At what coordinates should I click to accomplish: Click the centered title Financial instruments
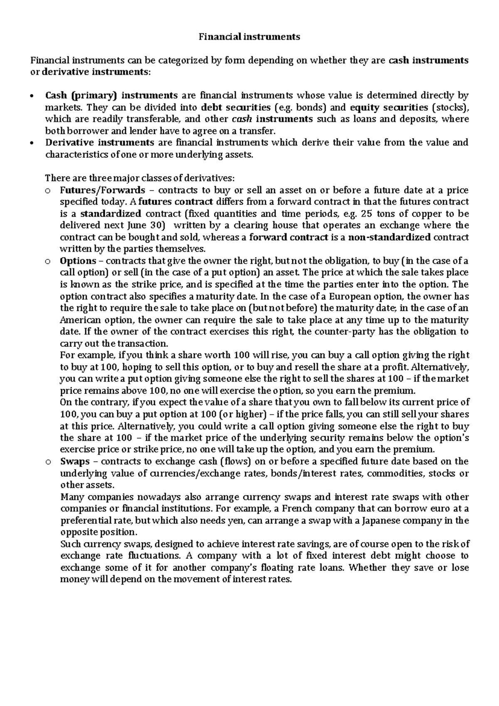[249, 37]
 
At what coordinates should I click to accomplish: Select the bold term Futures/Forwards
[102, 190]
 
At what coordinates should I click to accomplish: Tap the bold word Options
[78, 261]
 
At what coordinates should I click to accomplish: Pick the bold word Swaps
[75, 461]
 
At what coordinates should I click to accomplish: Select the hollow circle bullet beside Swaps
[48, 462]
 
